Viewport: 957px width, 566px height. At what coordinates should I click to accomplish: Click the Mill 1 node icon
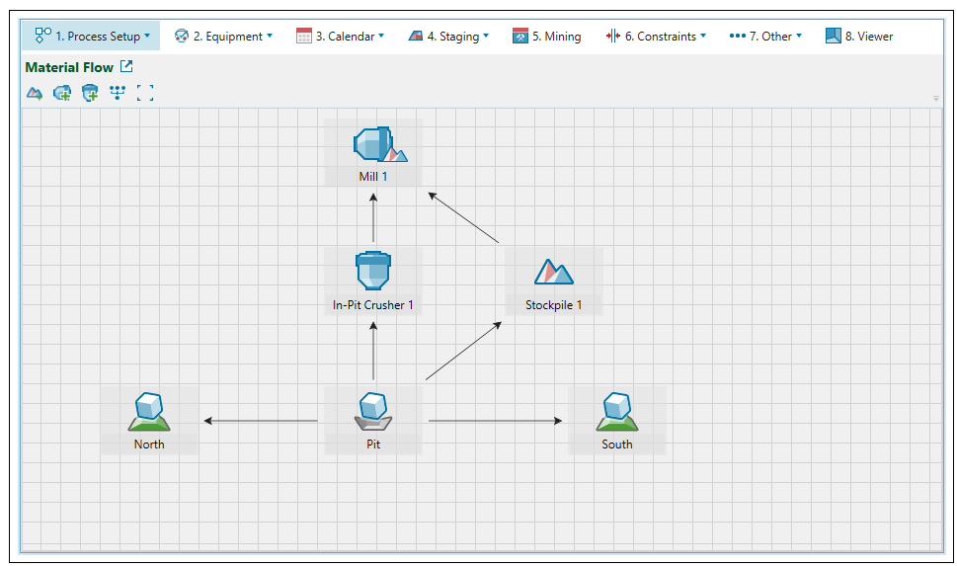[375, 144]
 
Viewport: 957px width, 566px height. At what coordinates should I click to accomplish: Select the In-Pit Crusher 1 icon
[373, 271]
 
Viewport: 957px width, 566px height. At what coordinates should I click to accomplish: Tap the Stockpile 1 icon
[553, 272]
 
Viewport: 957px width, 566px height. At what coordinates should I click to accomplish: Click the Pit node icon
[373, 412]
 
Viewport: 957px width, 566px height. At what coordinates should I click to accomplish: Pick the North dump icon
[149, 412]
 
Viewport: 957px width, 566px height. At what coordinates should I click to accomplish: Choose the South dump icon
[616, 412]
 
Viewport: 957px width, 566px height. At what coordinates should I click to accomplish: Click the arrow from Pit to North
[262, 422]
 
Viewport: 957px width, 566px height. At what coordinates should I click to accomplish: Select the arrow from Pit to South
[495, 422]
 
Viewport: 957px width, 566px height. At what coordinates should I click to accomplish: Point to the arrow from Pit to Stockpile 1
[463, 351]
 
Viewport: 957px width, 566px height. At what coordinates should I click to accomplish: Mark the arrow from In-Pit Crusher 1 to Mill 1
[373, 218]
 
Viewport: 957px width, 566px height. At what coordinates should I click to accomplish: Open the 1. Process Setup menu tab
[92, 37]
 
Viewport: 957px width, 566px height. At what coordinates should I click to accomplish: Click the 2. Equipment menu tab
[223, 37]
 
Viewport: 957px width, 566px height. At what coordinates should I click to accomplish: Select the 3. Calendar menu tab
[340, 37]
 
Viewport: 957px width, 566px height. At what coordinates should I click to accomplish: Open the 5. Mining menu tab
[546, 37]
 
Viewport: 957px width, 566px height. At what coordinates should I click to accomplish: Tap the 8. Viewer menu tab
[859, 37]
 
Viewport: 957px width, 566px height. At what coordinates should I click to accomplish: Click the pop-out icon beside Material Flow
[126, 67]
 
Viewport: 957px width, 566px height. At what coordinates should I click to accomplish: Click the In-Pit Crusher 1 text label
[373, 305]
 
